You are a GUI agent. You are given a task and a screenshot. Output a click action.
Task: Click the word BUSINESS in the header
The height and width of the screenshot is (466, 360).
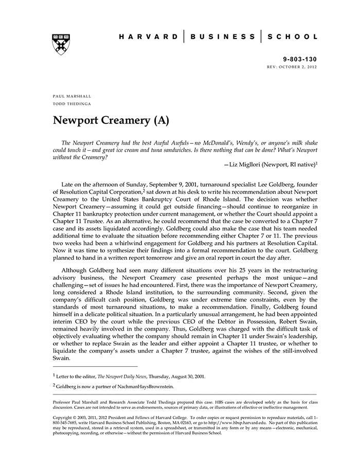223,37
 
